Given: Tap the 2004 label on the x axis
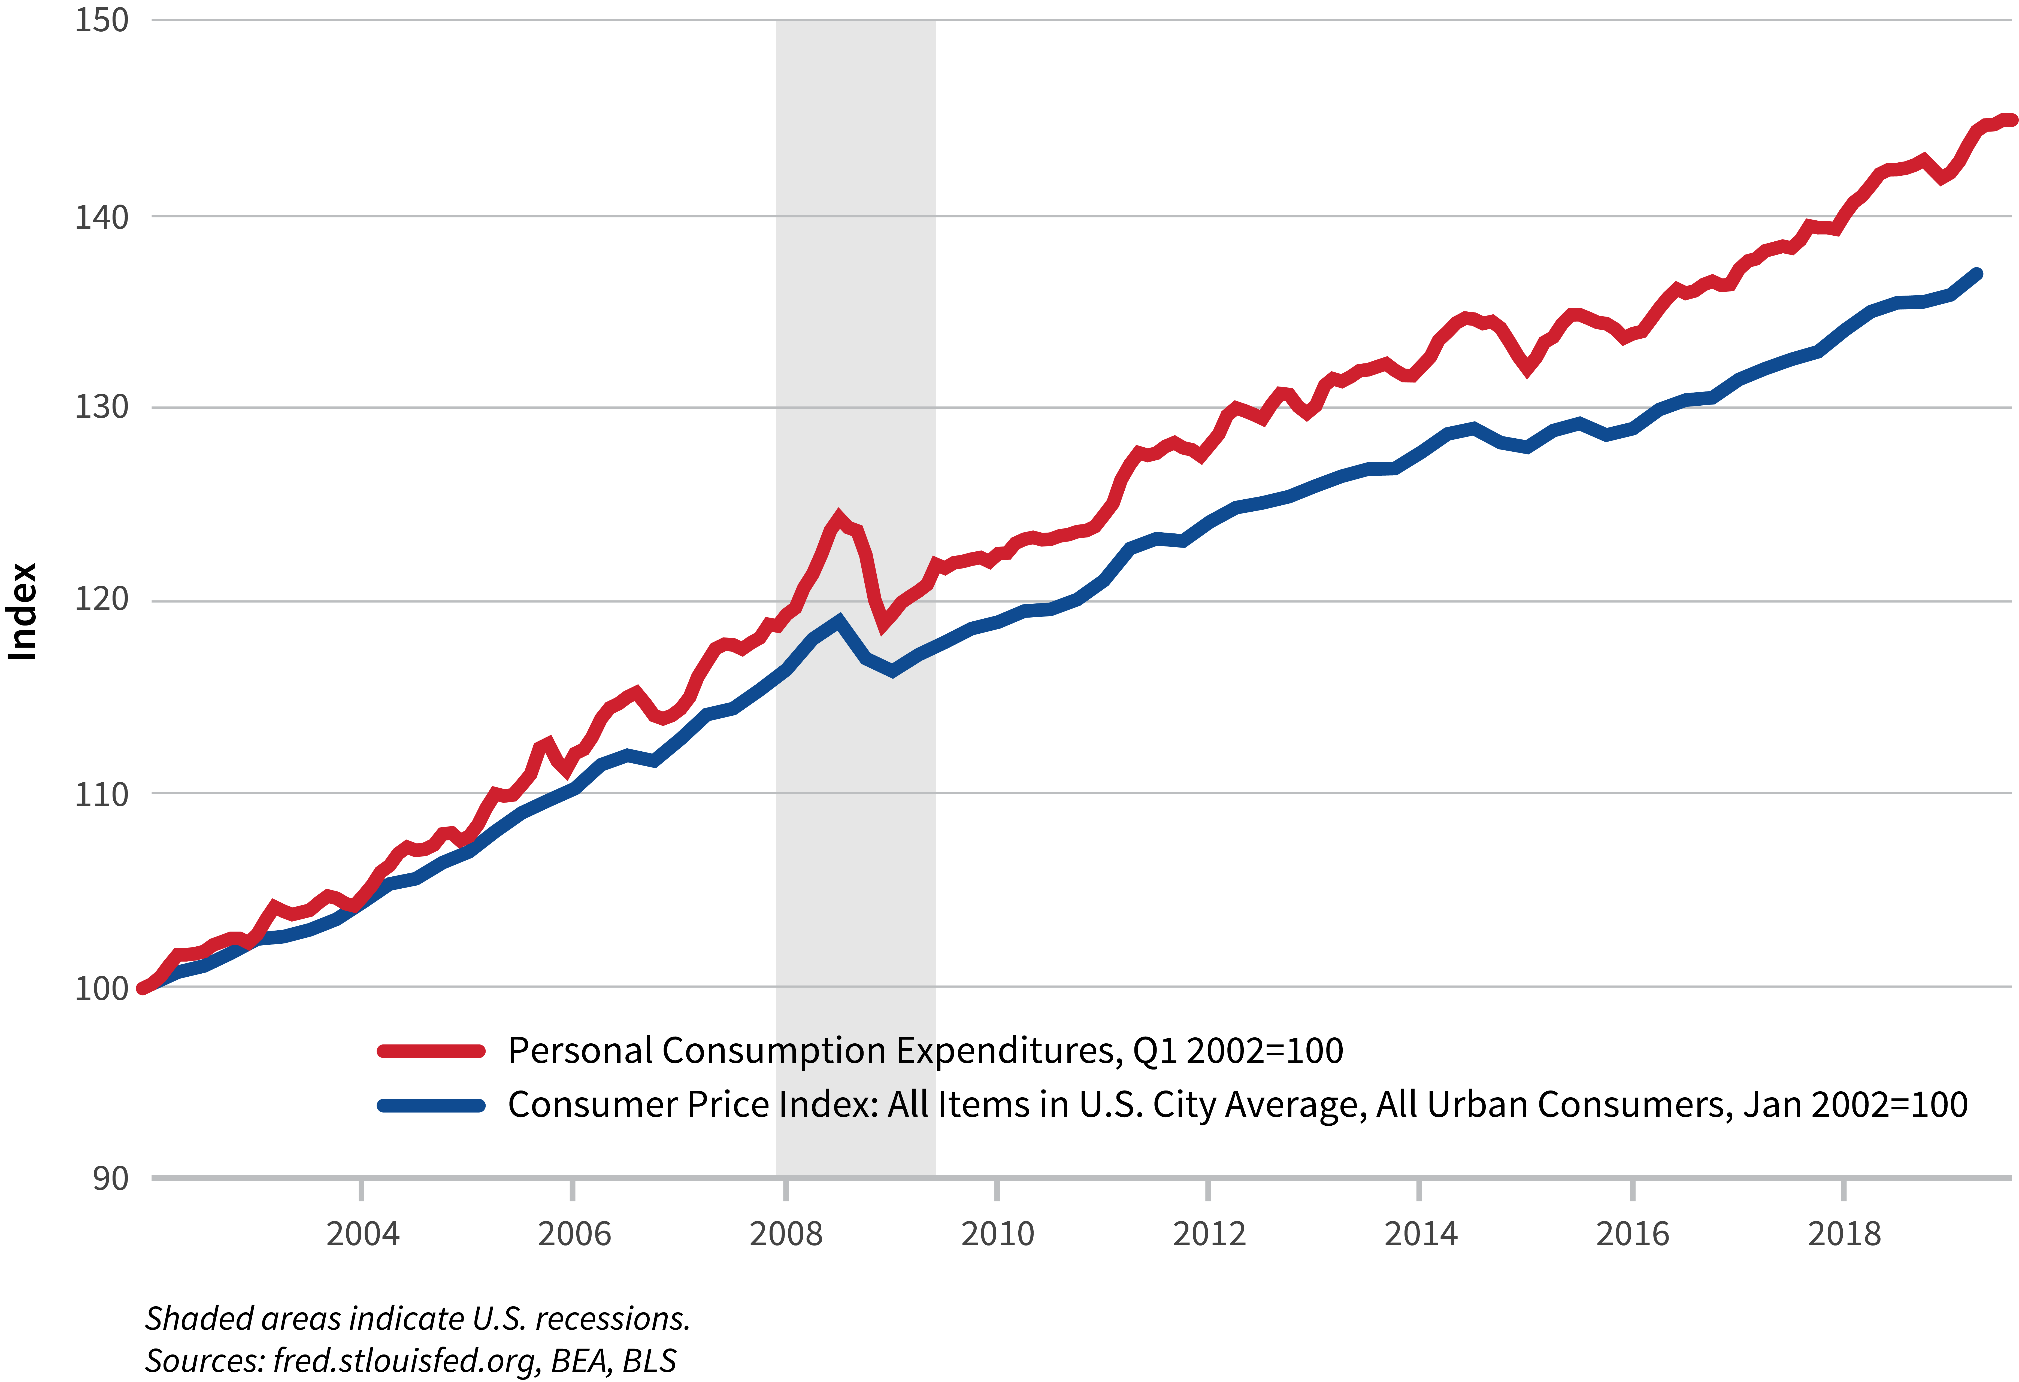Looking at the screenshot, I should point(362,1234).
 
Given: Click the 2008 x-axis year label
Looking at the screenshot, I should point(785,1234).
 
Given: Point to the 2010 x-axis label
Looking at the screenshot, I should point(997,1234).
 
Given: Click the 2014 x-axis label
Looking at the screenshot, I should point(1420,1234).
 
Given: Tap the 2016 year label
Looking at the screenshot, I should point(1632,1234).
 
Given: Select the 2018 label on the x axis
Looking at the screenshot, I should point(1844,1234).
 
